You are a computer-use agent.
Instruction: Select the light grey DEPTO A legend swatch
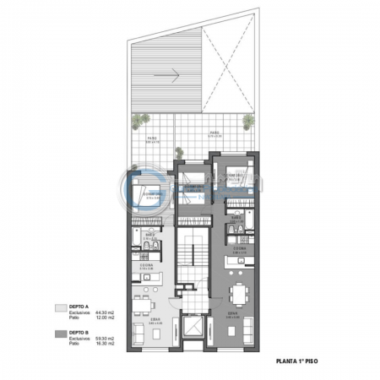tap(60, 308)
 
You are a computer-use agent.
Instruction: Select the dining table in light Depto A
tap(145, 299)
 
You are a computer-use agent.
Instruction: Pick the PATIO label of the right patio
tap(215, 132)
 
